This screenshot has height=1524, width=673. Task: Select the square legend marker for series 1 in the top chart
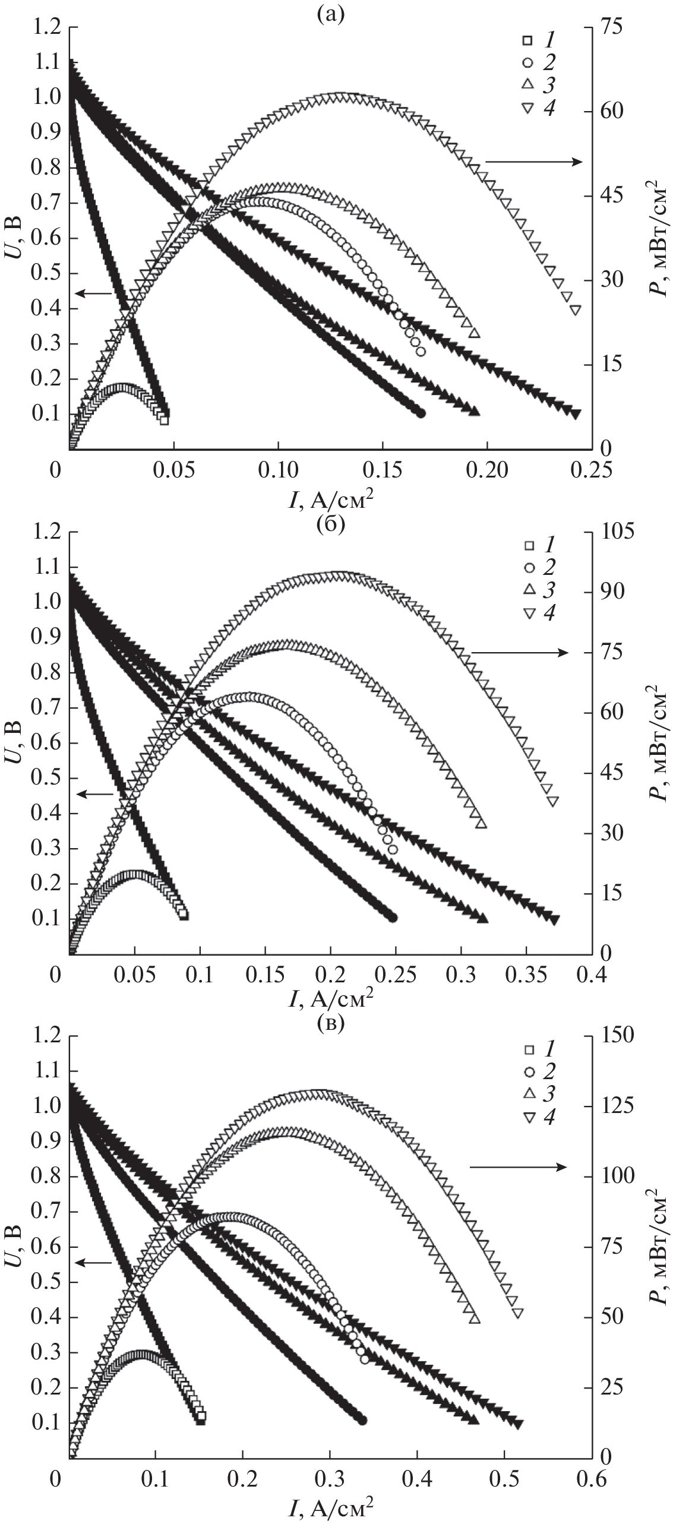coord(526,40)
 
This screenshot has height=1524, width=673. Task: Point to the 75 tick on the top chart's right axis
coord(612,27)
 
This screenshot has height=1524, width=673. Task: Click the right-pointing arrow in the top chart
coord(534,161)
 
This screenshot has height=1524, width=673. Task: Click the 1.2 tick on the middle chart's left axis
coord(47,532)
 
